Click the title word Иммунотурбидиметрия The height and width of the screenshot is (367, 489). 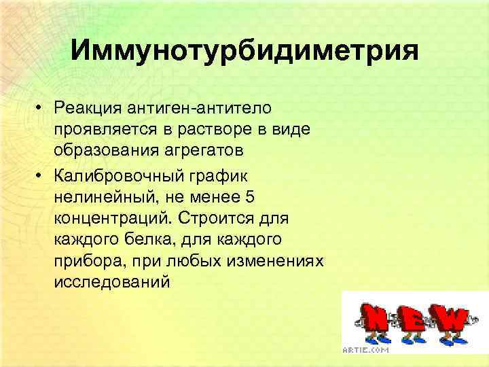(244, 50)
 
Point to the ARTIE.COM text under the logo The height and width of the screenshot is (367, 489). (366, 349)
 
